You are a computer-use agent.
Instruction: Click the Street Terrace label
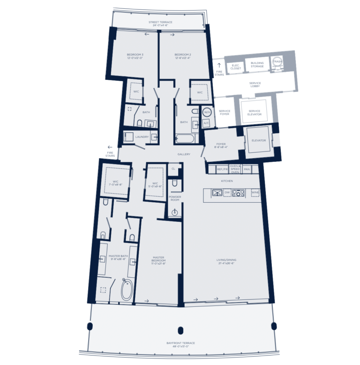tap(160, 23)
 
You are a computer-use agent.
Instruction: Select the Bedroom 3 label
tap(135, 56)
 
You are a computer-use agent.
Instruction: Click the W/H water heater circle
tap(207, 113)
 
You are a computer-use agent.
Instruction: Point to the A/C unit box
tap(206, 123)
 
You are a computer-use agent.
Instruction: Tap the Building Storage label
tap(257, 65)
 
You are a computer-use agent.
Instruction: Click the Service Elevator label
tap(255, 113)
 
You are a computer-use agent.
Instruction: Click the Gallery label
tap(183, 154)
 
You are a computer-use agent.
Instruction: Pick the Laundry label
tap(142, 137)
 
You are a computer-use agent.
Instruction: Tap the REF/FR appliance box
tap(222, 169)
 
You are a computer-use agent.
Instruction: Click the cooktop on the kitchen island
tap(238, 192)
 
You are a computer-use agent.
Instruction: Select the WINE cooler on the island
tap(255, 192)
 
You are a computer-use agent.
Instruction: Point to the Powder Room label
tap(175, 198)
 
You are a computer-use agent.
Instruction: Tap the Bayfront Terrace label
tap(180, 344)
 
